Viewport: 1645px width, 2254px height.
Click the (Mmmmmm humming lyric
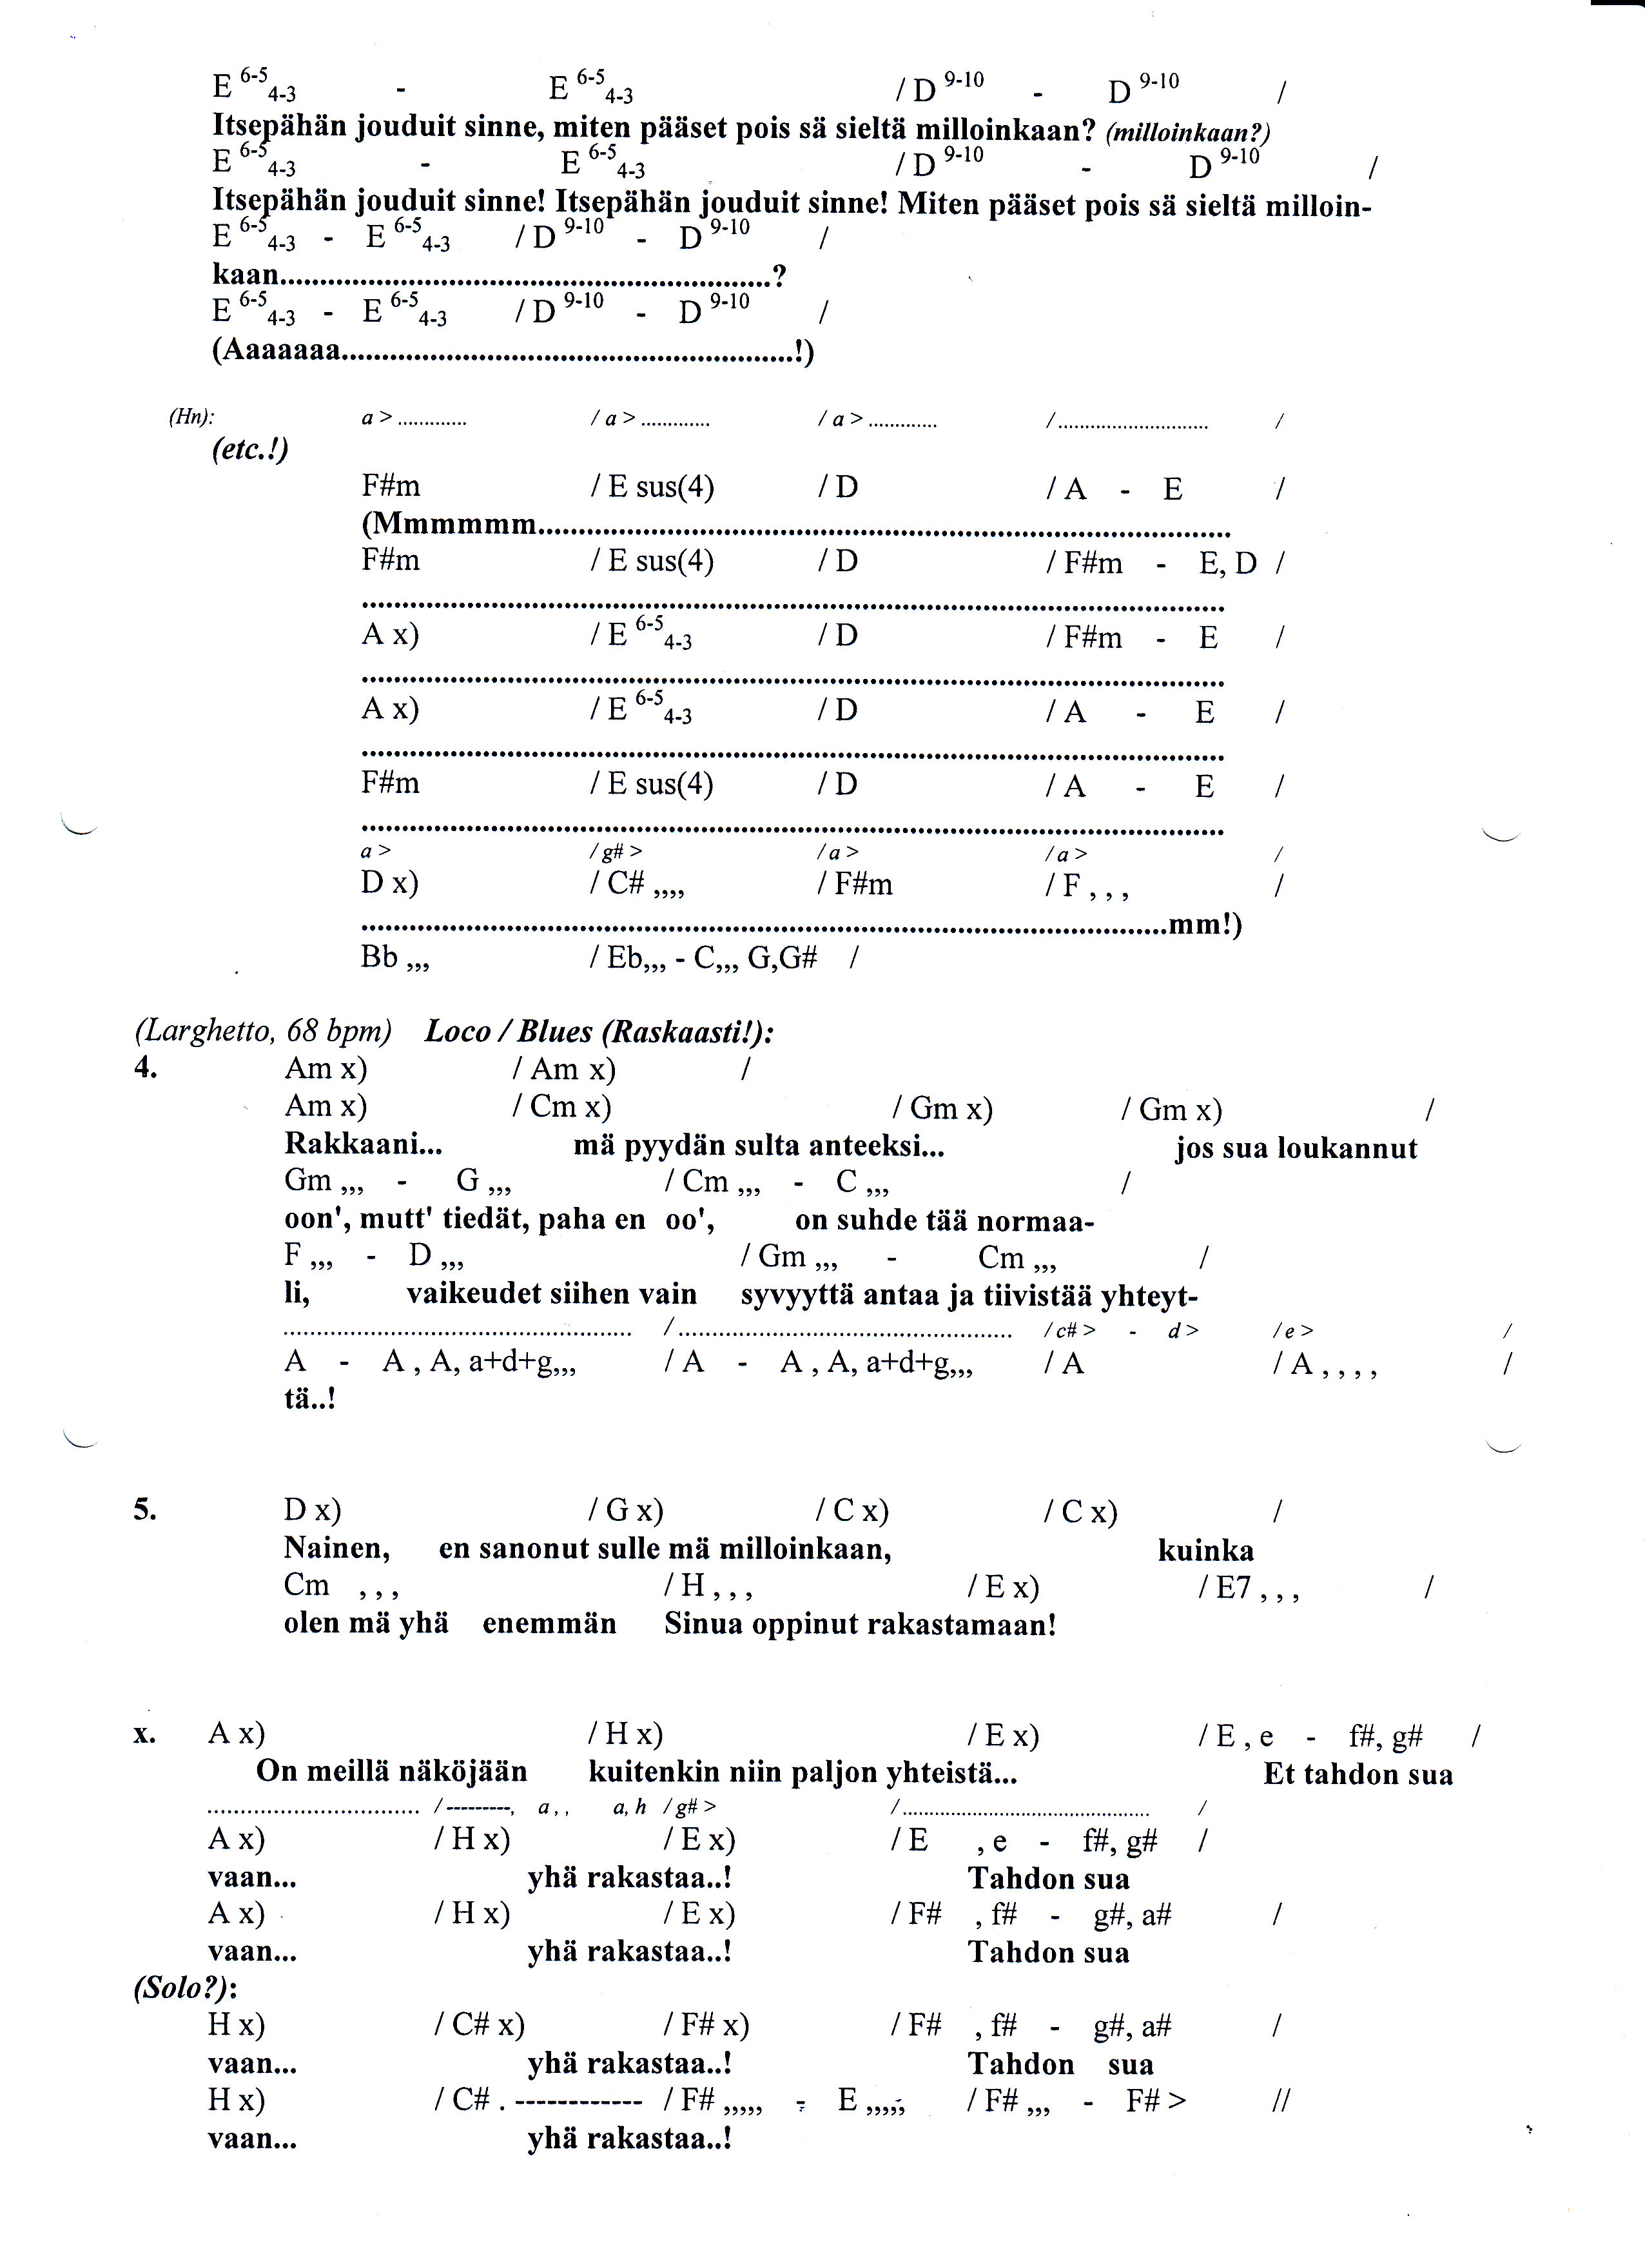pos(449,524)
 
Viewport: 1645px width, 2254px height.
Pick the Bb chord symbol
pos(380,957)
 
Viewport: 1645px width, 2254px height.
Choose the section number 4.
pos(146,1068)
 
